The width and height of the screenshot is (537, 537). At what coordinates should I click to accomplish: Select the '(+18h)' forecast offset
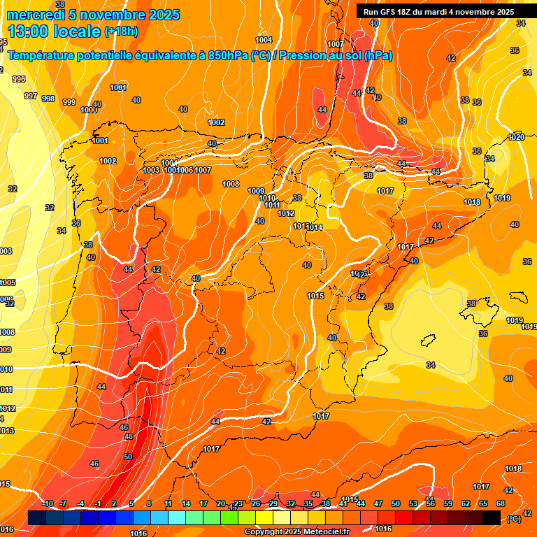[x=121, y=31]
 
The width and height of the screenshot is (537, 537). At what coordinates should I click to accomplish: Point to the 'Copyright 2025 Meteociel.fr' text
[x=296, y=531]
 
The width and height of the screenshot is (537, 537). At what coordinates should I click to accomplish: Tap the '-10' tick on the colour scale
[x=48, y=504]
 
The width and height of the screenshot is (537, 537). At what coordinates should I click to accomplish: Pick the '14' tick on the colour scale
[x=186, y=504]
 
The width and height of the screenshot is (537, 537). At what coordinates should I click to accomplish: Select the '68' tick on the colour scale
[x=501, y=504]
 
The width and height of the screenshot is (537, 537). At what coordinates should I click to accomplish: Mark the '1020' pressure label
[x=516, y=138]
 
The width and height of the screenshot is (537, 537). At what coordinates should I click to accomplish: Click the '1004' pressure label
[x=264, y=40]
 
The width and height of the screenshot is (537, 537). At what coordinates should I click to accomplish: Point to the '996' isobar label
[x=20, y=80]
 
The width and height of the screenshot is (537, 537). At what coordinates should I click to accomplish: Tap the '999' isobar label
[x=69, y=103]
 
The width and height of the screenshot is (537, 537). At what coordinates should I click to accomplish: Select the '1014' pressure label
[x=314, y=227]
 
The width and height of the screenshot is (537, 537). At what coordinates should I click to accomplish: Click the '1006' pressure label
[x=185, y=171]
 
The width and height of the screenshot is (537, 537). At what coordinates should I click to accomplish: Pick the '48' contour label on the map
[x=129, y=436]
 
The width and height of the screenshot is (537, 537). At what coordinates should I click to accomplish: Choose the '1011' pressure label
[x=273, y=205]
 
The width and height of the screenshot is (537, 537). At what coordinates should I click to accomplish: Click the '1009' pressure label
[x=256, y=191]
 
